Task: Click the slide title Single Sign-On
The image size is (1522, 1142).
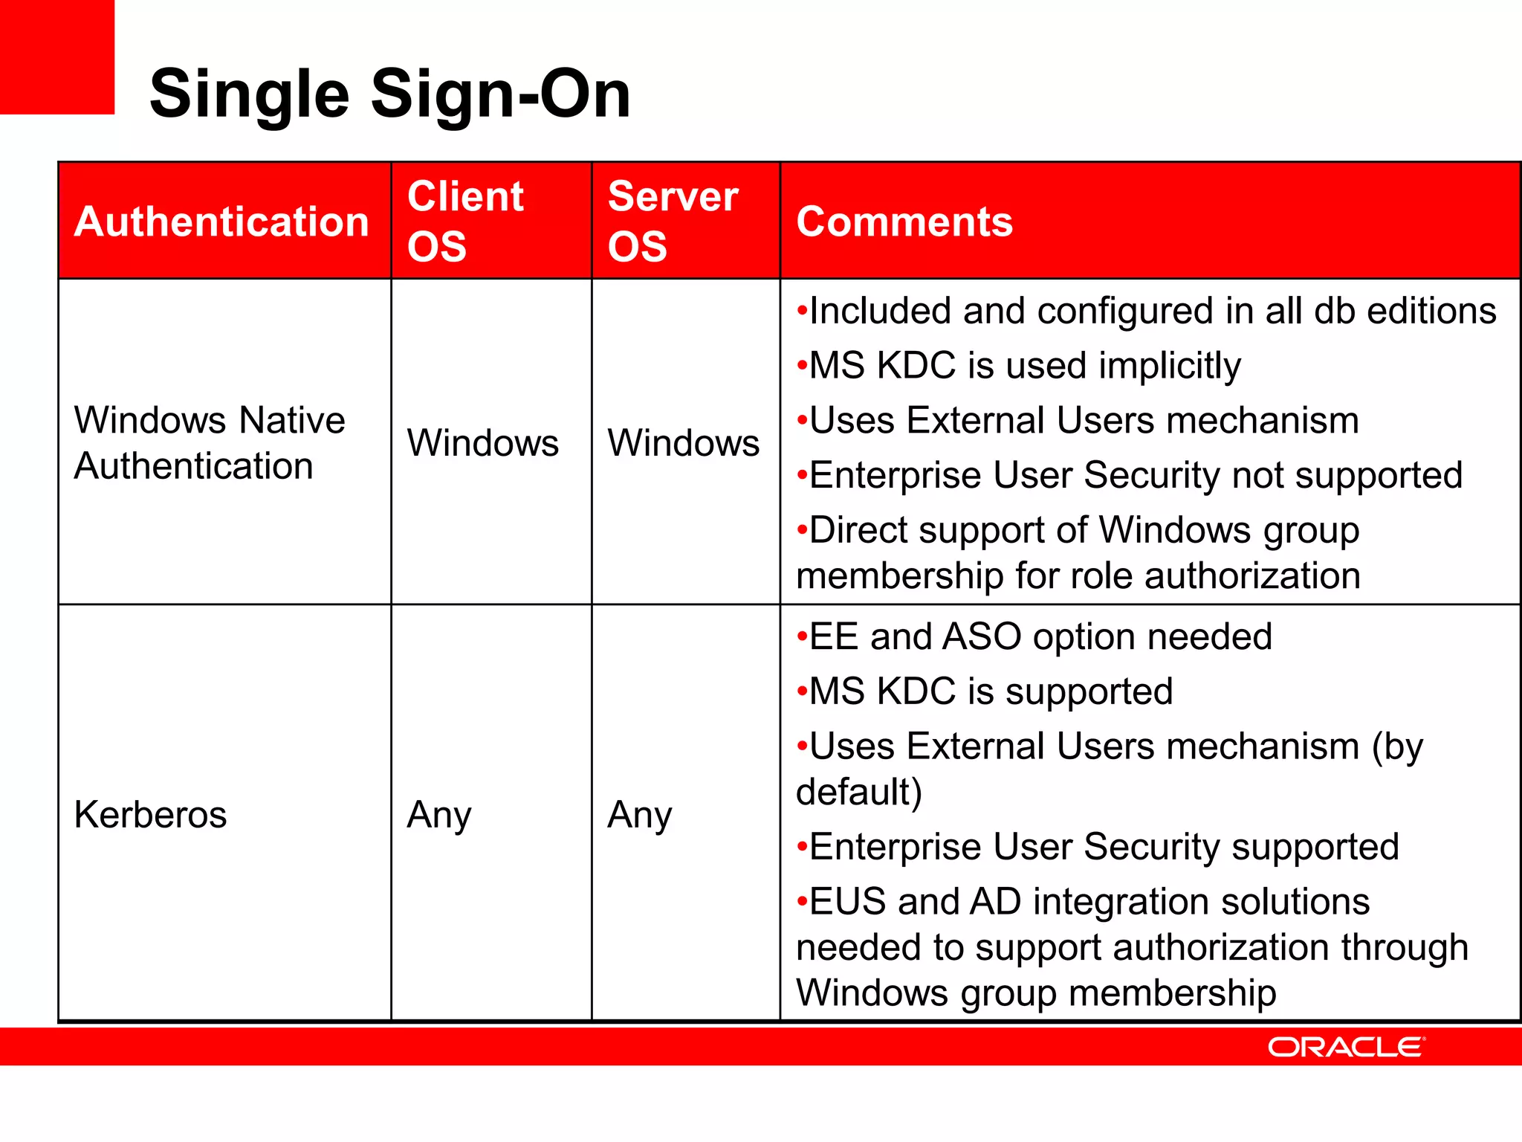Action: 389,94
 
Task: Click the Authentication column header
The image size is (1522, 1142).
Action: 221,222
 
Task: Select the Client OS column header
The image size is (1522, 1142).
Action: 465,221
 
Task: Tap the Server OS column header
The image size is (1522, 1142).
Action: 673,221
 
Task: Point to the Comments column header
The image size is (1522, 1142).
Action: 904,222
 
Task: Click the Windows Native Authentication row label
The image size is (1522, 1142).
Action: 210,442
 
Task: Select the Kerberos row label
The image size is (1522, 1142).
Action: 150,814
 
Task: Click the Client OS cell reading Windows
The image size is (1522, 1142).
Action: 482,443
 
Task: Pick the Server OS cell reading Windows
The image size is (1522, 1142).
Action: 683,443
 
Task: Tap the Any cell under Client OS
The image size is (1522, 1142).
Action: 438,815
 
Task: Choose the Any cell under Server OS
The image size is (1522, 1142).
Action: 639,815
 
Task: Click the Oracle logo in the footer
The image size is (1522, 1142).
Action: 1346,1047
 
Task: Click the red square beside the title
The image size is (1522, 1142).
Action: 56,57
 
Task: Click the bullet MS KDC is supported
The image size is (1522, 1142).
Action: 990,691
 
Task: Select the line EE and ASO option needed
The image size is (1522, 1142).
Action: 1040,637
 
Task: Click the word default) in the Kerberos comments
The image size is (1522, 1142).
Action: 859,792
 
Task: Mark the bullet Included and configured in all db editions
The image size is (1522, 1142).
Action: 1152,311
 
